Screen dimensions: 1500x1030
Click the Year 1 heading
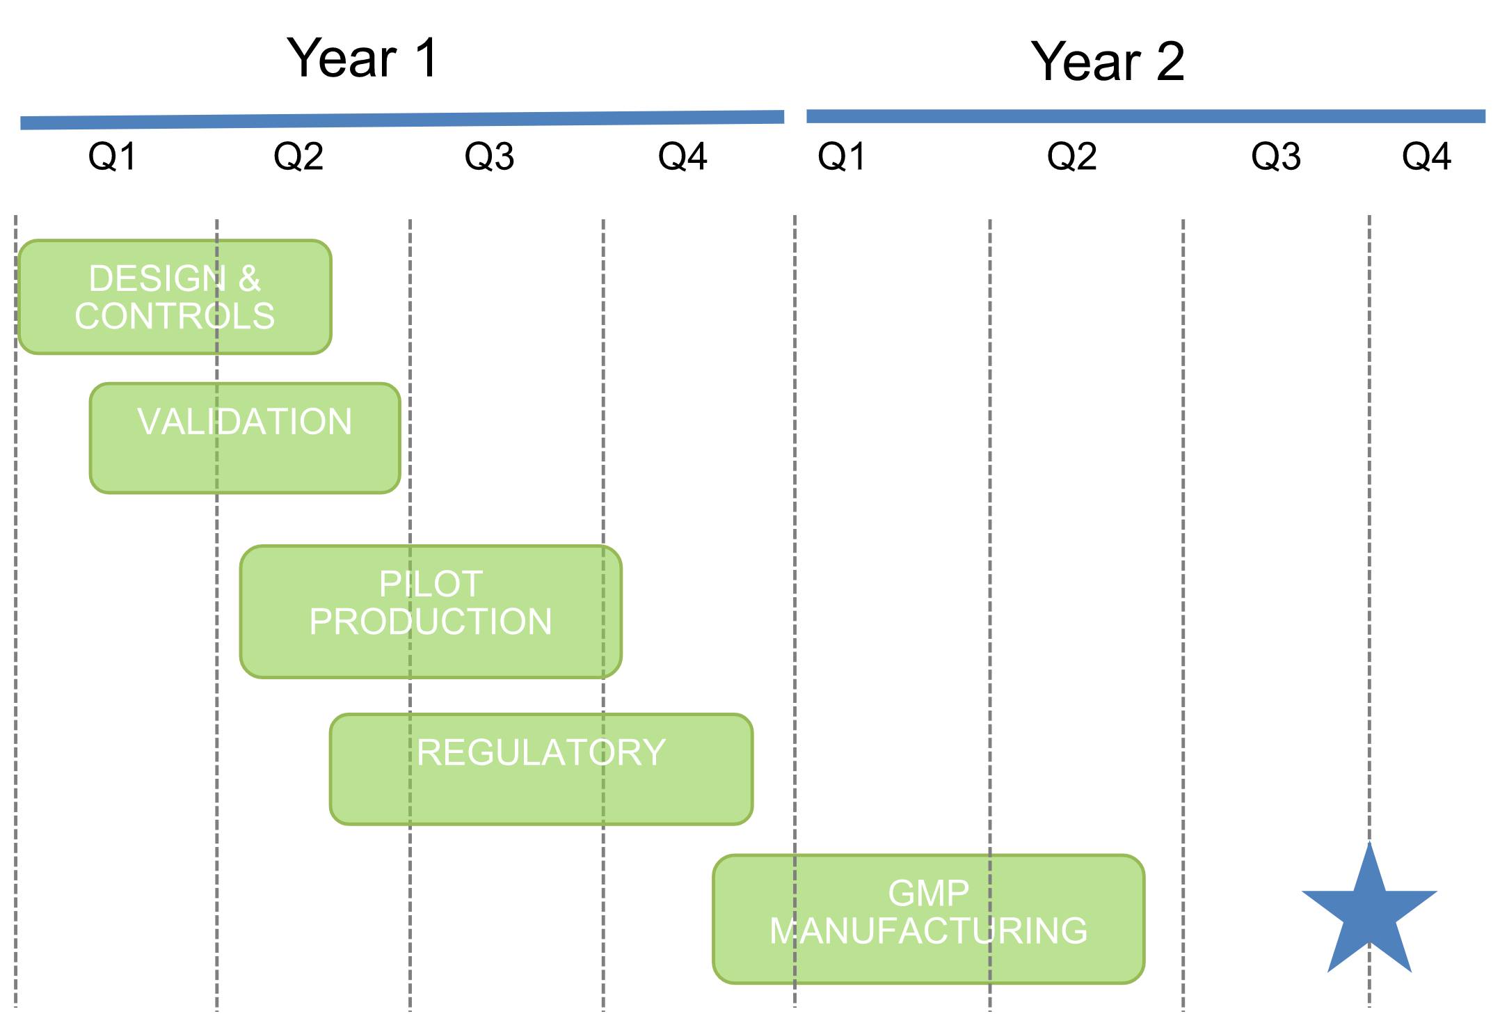click(x=362, y=58)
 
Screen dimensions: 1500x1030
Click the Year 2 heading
click(x=1108, y=61)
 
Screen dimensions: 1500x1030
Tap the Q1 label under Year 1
click(x=112, y=157)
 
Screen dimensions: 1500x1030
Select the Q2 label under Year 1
click(x=298, y=157)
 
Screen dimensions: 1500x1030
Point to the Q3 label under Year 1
click(x=490, y=157)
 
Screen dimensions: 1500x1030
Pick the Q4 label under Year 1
click(x=683, y=157)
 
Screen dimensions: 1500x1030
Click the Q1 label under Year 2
click(x=842, y=157)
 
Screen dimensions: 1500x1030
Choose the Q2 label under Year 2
click(x=1072, y=157)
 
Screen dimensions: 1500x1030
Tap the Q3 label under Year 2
click(x=1276, y=157)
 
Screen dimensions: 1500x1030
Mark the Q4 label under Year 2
click(x=1427, y=157)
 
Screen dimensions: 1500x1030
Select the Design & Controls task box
click(x=175, y=297)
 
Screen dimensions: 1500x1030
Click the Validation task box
click(x=245, y=438)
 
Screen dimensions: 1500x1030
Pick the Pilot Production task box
click(x=431, y=612)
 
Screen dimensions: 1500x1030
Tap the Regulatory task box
click(x=541, y=770)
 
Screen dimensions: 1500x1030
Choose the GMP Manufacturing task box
click(x=929, y=919)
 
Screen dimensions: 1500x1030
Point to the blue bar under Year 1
click(x=402, y=120)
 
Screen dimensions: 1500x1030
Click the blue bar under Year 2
click(x=1146, y=116)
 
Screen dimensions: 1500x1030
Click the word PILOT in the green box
click(x=431, y=584)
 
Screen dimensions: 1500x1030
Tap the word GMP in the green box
click(x=929, y=894)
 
